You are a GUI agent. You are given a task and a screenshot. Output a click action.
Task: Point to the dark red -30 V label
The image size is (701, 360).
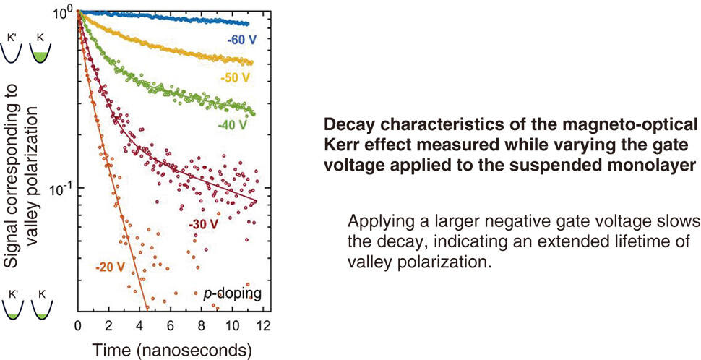tap(203, 225)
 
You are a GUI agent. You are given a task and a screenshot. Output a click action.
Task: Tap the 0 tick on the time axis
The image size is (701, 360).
tap(78, 325)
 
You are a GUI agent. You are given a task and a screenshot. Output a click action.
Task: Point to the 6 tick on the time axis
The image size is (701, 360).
tap(170, 325)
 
